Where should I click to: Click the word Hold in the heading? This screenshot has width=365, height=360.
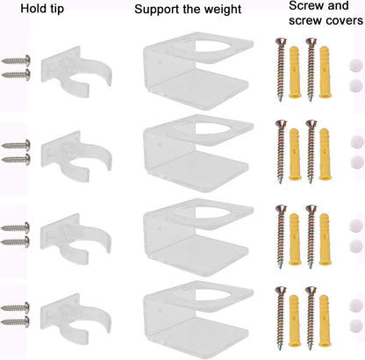(x=31, y=8)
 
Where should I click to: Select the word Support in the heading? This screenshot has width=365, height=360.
(x=157, y=10)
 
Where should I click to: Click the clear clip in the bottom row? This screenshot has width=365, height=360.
(x=75, y=318)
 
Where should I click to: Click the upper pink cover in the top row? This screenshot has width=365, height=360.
(x=356, y=65)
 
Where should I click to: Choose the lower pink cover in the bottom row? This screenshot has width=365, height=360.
(x=356, y=326)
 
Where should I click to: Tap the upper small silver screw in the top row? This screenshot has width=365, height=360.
(x=16, y=61)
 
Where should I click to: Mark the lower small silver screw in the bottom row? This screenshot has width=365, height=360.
(x=15, y=322)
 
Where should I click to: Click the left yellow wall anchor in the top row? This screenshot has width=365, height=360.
(x=294, y=72)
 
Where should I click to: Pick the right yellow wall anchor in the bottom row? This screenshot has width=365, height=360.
(x=324, y=320)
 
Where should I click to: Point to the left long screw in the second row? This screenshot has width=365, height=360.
(x=281, y=151)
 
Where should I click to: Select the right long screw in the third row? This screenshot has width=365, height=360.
(x=311, y=236)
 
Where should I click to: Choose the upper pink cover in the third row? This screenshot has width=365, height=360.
(x=356, y=225)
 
